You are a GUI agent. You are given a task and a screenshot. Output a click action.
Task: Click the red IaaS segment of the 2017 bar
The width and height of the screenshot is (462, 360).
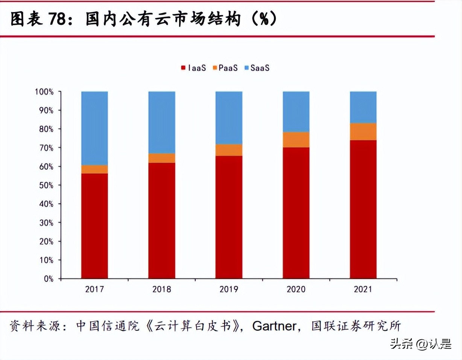coord(94,226)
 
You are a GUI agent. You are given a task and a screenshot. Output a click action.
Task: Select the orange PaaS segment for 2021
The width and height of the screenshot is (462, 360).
coord(363,131)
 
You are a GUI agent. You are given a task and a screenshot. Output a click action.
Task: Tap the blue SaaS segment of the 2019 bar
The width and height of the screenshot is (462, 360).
coord(229,117)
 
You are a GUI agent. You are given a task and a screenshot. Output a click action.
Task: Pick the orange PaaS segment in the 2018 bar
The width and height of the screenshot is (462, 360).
coord(161,158)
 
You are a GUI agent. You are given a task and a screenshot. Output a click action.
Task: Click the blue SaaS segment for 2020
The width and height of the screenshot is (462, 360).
coord(296,111)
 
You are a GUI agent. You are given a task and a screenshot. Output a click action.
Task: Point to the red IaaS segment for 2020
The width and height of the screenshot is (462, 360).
coord(296,213)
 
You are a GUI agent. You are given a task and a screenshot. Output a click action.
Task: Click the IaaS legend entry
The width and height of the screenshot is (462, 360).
coord(193,68)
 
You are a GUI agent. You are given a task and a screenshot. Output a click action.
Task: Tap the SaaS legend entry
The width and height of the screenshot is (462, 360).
coord(257,68)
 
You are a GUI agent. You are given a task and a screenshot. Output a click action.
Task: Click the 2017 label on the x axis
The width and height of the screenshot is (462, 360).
coord(94,289)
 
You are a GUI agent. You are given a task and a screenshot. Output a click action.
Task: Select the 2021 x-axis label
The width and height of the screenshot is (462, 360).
coord(363,289)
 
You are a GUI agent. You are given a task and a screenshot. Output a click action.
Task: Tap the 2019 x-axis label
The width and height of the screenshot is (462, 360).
coord(229,289)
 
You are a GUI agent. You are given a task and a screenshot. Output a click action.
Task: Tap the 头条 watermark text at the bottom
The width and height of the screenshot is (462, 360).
coord(400,344)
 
